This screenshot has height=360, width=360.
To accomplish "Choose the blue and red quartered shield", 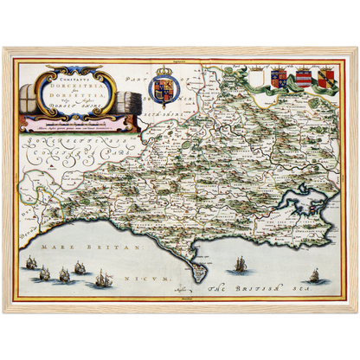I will (x=279, y=78).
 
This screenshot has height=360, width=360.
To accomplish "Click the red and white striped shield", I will (x=303, y=80).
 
